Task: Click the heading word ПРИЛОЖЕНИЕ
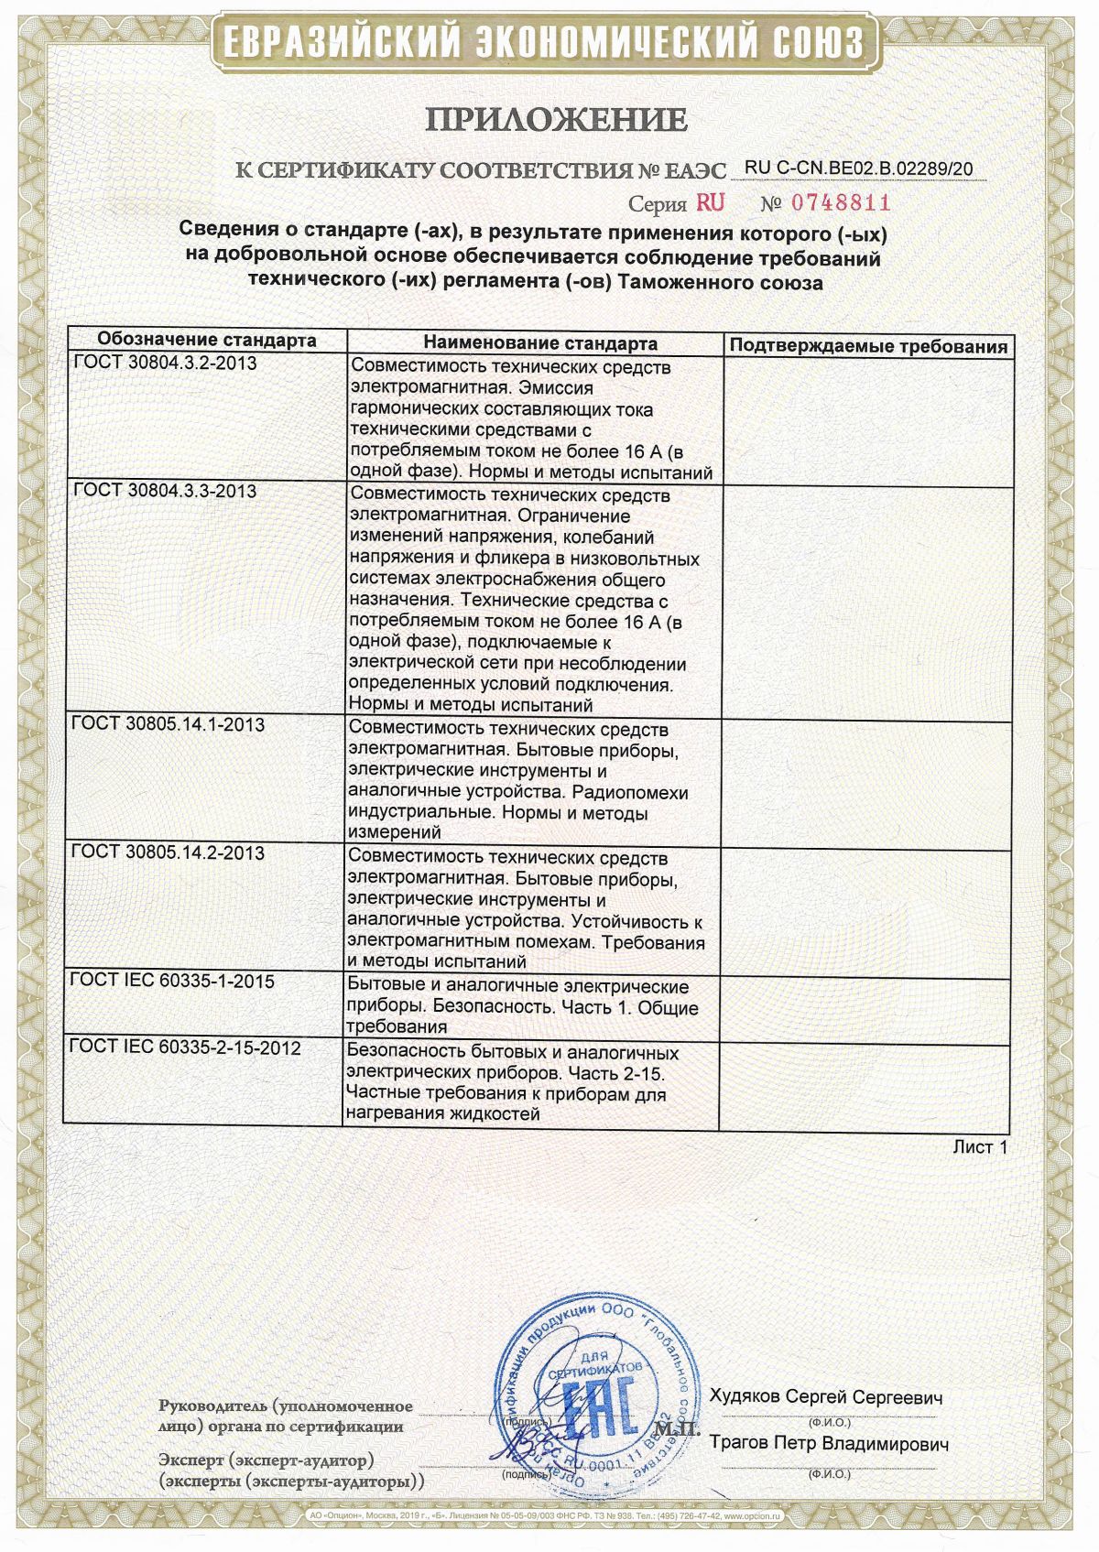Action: pos(555,119)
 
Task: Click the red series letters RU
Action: pos(710,202)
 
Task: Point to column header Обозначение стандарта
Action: pos(207,341)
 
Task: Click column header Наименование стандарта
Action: pos(540,343)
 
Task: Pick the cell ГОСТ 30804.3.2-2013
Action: pos(165,363)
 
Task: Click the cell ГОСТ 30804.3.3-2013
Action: pos(165,491)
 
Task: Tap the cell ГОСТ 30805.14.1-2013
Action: pos(169,724)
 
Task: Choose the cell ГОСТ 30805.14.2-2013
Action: pos(169,852)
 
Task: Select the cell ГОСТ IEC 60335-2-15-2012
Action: pos(185,1047)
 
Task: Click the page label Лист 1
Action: pos(980,1146)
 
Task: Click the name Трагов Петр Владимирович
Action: pos(829,1443)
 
